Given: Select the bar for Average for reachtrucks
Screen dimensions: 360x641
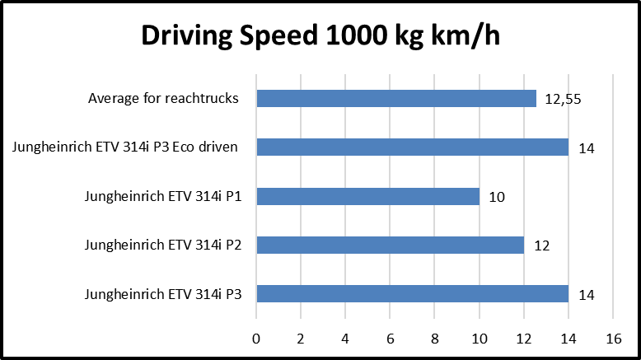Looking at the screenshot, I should click(396, 99).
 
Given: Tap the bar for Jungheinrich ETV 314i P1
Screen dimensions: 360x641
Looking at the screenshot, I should click(367, 197).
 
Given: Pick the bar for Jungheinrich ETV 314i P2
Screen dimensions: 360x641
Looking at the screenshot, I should click(390, 245).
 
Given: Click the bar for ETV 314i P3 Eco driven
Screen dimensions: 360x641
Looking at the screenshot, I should click(412, 147).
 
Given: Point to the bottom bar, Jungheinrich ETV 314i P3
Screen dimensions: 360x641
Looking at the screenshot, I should click(412, 294).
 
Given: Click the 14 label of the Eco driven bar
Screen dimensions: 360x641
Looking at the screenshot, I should click(586, 149).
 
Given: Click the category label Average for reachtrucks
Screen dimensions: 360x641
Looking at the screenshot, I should click(163, 99).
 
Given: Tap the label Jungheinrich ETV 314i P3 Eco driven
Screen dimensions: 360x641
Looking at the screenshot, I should click(125, 147).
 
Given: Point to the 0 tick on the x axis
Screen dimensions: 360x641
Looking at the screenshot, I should click(256, 337).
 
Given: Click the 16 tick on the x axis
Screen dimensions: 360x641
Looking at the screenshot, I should click(612, 337).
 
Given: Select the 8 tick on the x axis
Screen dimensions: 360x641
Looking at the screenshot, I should click(434, 337).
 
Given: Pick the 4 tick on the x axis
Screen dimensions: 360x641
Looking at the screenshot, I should click(345, 337).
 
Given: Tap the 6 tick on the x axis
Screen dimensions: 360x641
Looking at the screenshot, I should click(390, 337).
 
